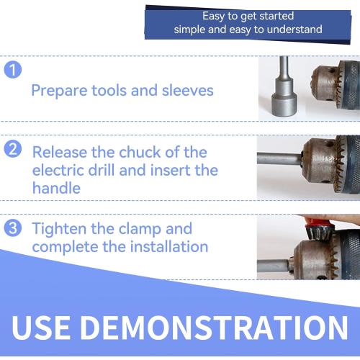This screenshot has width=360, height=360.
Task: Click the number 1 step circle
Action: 12,70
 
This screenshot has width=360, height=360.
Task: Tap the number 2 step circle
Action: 12,150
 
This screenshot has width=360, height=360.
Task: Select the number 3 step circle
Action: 12,229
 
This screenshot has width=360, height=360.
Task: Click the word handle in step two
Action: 54,188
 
